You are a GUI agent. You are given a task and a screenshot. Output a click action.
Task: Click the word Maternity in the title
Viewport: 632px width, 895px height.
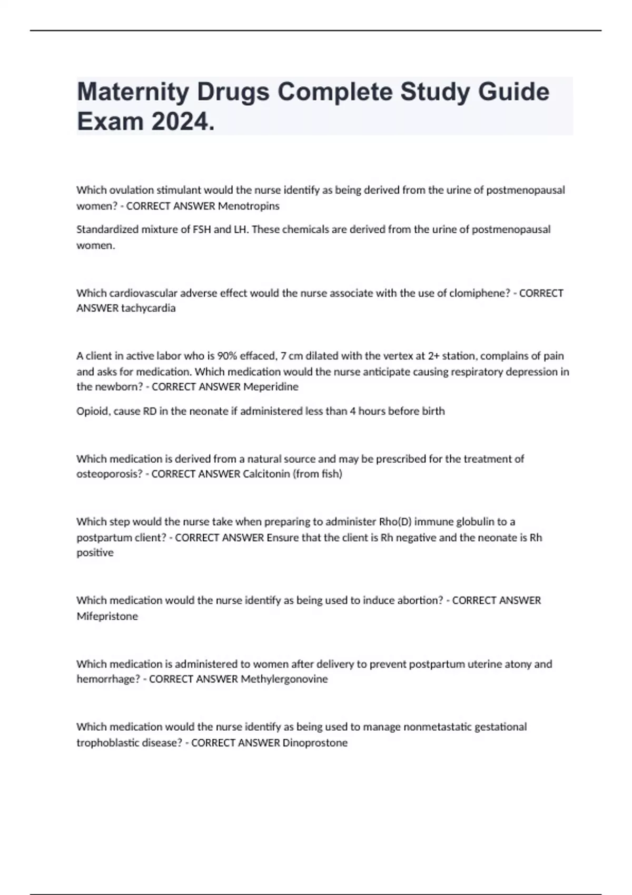pyautogui.click(x=133, y=92)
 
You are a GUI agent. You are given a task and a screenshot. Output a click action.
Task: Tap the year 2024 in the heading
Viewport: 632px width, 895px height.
pyautogui.click(x=181, y=122)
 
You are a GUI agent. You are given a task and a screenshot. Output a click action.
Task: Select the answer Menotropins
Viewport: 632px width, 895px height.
pyautogui.click(x=249, y=206)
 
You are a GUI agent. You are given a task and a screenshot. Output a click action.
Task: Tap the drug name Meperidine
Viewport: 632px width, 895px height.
pyautogui.click(x=271, y=387)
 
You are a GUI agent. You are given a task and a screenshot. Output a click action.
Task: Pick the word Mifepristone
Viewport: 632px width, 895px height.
pyautogui.click(x=107, y=616)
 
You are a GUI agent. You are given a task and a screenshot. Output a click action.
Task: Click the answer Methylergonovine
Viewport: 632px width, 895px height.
pyautogui.click(x=284, y=679)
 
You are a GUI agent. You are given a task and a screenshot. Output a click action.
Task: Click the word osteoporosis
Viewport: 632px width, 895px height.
pyautogui.click(x=110, y=474)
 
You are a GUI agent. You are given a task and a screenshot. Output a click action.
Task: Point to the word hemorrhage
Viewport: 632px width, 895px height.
pyautogui.click(x=108, y=679)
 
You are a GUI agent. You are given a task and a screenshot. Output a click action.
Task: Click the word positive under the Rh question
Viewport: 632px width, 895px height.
pyautogui.click(x=95, y=553)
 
